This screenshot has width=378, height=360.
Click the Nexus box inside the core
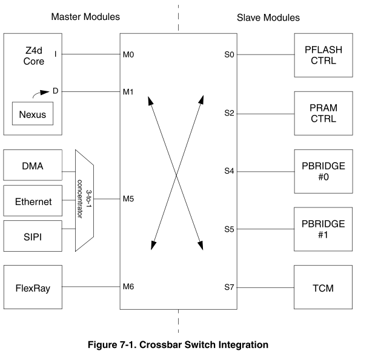click(33, 114)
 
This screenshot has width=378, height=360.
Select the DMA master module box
click(33, 165)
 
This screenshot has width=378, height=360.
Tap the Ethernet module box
click(33, 201)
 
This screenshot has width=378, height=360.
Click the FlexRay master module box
click(33, 287)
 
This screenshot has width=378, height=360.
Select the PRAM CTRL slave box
click(323, 113)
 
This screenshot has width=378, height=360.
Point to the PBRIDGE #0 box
click(323, 171)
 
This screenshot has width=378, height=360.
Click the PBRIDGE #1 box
click(323, 229)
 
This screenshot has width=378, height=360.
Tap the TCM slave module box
click(323, 287)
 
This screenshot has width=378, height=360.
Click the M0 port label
click(128, 55)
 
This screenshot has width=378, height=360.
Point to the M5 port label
click(128, 198)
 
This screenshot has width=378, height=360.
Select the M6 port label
click(128, 287)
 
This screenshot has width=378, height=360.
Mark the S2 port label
click(228, 113)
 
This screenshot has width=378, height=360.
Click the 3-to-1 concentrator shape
click(85, 200)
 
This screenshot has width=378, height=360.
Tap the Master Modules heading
click(85, 18)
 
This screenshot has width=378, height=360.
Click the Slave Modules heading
click(268, 18)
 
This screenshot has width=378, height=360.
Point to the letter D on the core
click(55, 91)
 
